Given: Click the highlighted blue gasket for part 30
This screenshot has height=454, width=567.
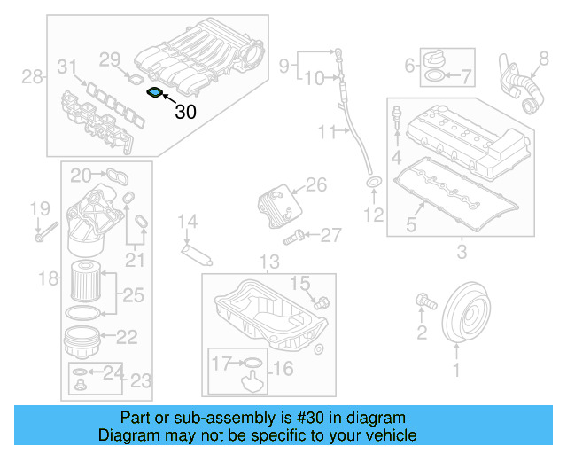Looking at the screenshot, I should pos(154,92).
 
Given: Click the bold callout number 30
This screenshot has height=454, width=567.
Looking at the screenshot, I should pos(186,112).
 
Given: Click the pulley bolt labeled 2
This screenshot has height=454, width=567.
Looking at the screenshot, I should pos(424,303).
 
